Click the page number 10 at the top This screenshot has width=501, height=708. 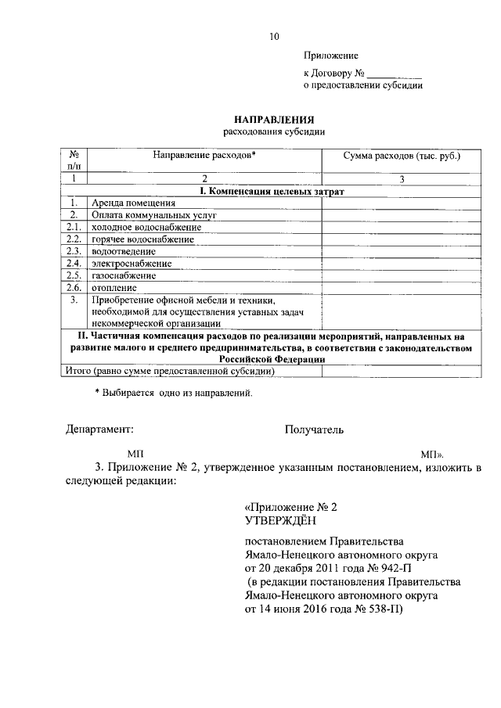tap(272, 36)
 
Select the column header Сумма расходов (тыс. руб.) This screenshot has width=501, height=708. tap(402, 156)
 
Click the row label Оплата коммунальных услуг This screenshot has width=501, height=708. tap(153, 214)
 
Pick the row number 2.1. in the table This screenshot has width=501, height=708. tap(74, 227)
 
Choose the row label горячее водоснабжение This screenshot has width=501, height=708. tap(142, 239)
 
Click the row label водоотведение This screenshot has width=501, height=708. tap(124, 251)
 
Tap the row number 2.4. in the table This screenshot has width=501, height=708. tap(74, 264)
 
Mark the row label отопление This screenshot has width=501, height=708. tap(115, 288)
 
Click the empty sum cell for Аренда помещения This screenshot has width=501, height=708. tap(402, 202)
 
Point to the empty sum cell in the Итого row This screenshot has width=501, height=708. tap(402, 372)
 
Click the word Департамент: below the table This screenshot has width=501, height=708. tap(100, 429)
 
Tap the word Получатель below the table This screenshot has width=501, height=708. tap(314, 429)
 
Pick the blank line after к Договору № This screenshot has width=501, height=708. tap(395, 74)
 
